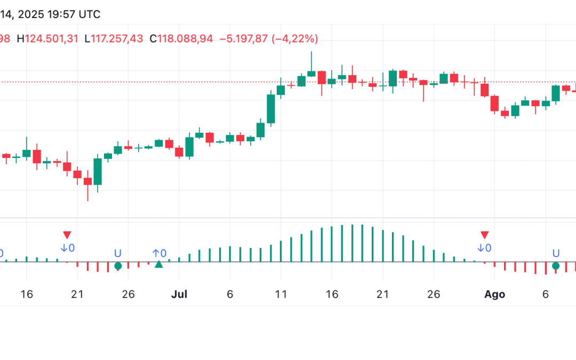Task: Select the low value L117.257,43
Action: (x=114, y=38)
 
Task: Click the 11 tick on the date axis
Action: (x=281, y=294)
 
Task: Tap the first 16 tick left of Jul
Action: (x=27, y=294)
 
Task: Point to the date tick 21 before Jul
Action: (x=77, y=294)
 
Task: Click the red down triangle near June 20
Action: (x=67, y=235)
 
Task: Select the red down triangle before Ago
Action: (x=484, y=235)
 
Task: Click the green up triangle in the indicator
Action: (x=158, y=265)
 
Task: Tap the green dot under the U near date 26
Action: (x=118, y=266)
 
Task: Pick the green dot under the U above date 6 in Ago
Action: (x=556, y=266)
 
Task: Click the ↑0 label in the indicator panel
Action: (x=159, y=253)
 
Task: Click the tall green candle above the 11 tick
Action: (x=271, y=109)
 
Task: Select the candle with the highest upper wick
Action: (x=311, y=73)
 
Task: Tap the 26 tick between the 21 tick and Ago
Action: (x=433, y=294)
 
